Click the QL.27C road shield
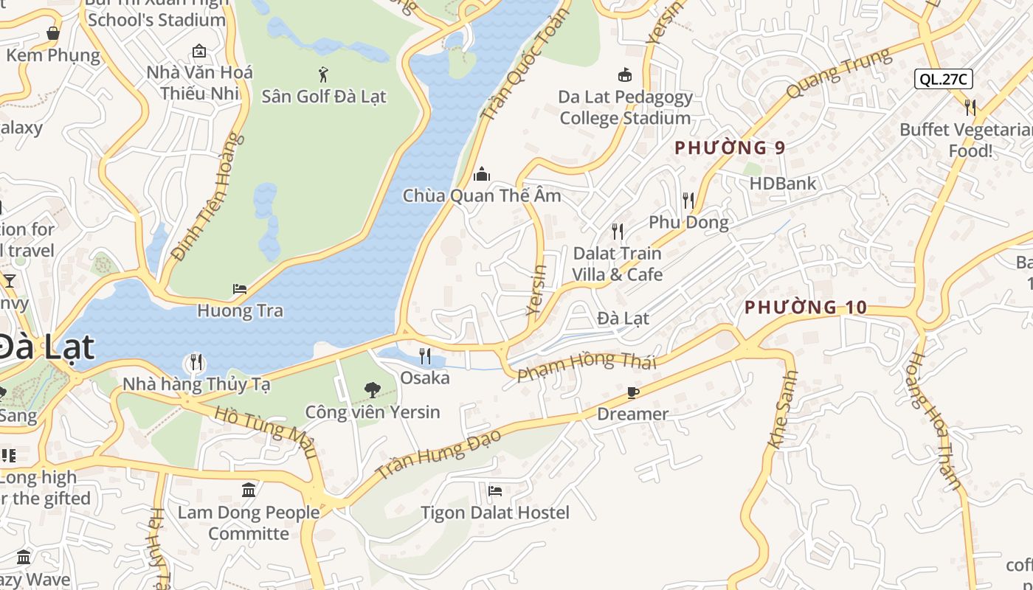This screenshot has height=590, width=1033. [x=943, y=79]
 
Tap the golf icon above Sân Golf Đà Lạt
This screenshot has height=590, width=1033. [x=323, y=74]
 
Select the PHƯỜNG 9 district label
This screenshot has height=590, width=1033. [x=730, y=147]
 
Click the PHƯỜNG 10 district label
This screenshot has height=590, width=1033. [x=806, y=308]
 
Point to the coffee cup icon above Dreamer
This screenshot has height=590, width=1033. [x=632, y=392]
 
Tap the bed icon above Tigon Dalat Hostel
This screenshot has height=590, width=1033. [x=495, y=490]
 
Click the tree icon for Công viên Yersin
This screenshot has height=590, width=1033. [x=372, y=389]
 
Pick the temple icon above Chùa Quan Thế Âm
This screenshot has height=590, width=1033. [x=482, y=174]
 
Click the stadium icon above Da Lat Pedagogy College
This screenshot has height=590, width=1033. [x=625, y=74]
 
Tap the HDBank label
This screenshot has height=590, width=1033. [x=783, y=184]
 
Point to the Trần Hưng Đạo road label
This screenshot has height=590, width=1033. [x=438, y=453]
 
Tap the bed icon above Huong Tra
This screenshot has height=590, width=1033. [x=240, y=289]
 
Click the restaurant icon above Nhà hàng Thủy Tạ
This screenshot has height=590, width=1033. [x=196, y=362]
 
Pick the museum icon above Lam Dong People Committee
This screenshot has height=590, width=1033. [x=249, y=490]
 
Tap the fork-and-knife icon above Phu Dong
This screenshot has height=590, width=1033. [x=688, y=200]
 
